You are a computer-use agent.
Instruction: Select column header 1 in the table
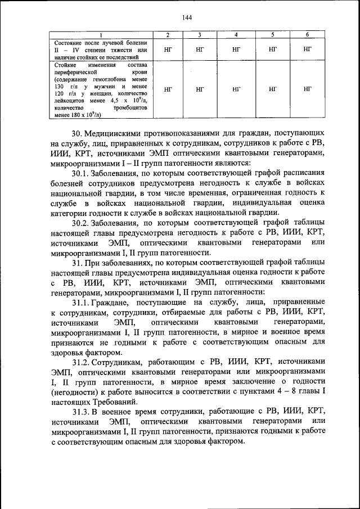coord(101,35)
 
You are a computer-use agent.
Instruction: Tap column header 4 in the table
coord(236,35)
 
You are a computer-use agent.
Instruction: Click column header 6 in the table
coord(307,35)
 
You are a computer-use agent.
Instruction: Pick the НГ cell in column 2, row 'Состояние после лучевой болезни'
coord(168,50)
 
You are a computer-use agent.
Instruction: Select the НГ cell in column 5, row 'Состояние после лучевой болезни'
coord(272,50)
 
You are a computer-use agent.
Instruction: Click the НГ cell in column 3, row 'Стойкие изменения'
coord(200,89)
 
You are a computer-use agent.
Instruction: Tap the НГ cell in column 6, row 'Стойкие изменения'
coord(307,89)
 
